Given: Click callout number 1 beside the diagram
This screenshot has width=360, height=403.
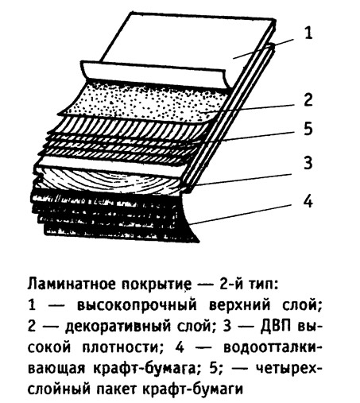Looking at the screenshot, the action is click(x=308, y=33).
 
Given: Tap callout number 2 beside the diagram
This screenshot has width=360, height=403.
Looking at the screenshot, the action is click(x=308, y=99).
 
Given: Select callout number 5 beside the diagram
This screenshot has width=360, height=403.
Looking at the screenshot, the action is click(x=308, y=129).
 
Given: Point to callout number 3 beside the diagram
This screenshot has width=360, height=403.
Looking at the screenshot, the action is click(x=308, y=163).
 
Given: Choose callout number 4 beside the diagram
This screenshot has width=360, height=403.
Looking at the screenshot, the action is click(x=308, y=201).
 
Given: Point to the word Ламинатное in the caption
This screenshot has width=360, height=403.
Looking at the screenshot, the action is click(x=72, y=285).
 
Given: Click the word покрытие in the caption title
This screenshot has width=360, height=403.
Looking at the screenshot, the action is click(x=157, y=285).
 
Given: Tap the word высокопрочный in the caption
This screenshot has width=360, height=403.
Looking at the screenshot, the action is click(x=137, y=306).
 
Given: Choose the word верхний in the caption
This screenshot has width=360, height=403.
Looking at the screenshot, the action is click(x=240, y=306).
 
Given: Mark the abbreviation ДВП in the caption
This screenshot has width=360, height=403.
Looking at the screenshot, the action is click(x=276, y=326).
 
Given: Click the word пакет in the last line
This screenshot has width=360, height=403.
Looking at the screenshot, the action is click(x=118, y=389).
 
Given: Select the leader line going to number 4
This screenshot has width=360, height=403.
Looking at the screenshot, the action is click(x=241, y=214).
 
